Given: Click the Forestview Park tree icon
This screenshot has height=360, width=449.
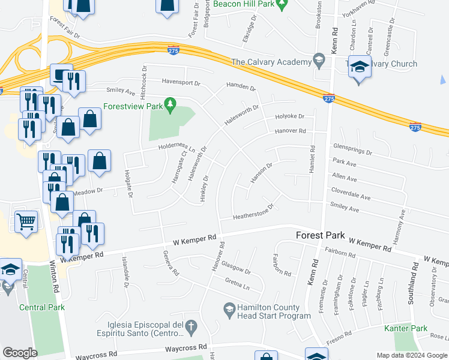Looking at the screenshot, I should pos(170,106).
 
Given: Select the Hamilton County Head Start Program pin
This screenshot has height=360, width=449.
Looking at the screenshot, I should pos(229,310).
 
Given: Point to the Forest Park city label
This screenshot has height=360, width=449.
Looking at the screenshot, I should pos(321,235).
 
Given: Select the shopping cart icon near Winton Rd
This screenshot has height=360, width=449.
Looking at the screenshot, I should pos(26,222).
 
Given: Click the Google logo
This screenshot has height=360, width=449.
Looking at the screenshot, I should pos(20,353).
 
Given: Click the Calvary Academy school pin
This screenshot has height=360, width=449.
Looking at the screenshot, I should pos(319,61).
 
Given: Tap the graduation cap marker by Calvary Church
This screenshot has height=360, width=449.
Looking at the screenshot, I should pos(360,67).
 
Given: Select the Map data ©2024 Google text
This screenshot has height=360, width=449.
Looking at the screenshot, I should pos(411,355).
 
